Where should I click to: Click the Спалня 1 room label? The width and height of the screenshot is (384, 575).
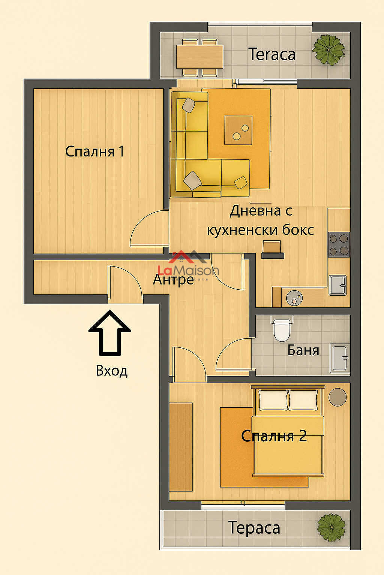pos(94,152)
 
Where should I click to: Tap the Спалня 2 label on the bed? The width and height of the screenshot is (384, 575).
pos(274,436)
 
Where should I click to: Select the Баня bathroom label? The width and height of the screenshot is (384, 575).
pos(303,350)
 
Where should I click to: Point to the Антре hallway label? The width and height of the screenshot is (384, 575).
pos(173,279)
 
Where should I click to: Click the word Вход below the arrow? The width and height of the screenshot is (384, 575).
pos(112,371)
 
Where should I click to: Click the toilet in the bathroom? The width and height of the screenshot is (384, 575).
pos(281,329)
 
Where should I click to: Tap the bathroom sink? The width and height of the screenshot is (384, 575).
pos(340,358)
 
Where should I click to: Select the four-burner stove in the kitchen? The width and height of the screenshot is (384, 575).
pos(339,244)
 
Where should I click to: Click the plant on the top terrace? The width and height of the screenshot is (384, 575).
pos(329,49)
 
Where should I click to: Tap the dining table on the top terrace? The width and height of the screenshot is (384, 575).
pos(199,57)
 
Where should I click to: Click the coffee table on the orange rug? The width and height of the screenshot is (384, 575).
pos(238,130)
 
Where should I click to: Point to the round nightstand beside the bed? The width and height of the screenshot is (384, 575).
pos(337,397)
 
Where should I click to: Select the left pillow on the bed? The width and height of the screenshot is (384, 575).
pos(273,400)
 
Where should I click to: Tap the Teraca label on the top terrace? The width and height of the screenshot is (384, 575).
pos(272,55)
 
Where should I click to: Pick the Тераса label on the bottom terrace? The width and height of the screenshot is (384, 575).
pos(254,528)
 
